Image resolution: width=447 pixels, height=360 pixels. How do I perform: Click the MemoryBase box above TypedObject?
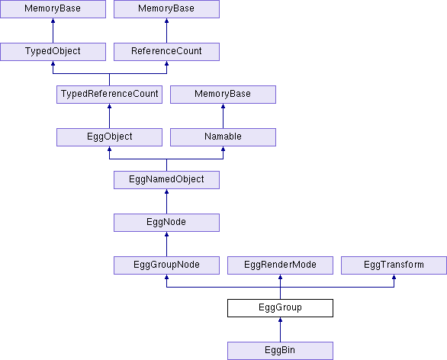(x=53, y=9)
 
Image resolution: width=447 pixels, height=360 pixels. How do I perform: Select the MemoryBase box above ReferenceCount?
(x=166, y=9)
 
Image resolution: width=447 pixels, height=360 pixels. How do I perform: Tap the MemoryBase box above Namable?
(x=223, y=95)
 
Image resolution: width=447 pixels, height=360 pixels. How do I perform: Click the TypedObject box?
(x=53, y=52)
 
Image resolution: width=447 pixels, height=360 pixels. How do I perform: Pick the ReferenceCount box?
(x=166, y=52)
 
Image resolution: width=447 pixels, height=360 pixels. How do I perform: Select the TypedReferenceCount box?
(x=110, y=95)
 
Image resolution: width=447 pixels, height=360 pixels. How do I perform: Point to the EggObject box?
(x=110, y=137)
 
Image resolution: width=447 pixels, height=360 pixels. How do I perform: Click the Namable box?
(x=223, y=137)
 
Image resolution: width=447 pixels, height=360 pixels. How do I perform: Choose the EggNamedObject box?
(x=166, y=180)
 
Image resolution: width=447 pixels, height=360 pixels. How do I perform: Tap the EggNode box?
(x=166, y=223)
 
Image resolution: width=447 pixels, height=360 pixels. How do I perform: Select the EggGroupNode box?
(x=166, y=265)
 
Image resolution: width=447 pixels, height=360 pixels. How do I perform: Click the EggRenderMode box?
(x=280, y=265)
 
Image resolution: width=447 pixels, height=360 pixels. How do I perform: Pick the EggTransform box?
(x=394, y=265)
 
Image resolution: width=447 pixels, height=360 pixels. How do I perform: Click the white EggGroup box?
(x=280, y=308)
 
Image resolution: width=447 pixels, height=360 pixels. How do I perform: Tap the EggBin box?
(x=280, y=351)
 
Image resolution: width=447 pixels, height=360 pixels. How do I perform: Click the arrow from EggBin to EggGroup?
(x=280, y=329)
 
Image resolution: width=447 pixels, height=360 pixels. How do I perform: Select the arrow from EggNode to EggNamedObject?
(x=166, y=201)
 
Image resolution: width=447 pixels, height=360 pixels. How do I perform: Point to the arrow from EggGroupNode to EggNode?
(x=166, y=244)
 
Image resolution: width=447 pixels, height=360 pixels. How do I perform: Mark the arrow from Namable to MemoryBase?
(x=223, y=116)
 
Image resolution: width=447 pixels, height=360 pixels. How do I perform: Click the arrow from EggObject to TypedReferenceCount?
(x=110, y=116)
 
